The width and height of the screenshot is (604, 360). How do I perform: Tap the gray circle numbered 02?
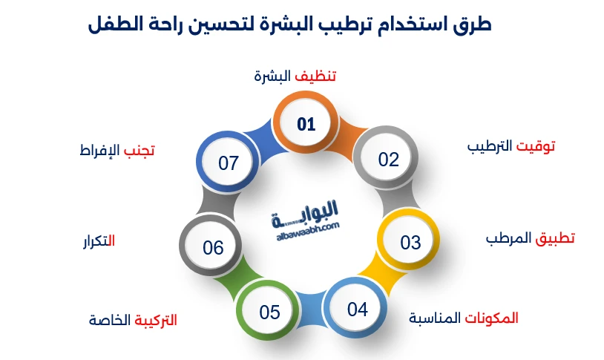(x=388, y=160)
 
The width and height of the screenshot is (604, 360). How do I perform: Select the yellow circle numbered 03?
(x=410, y=243)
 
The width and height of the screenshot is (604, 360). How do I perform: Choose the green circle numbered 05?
(x=269, y=312)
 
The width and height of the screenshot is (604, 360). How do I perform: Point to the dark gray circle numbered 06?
(x=213, y=247)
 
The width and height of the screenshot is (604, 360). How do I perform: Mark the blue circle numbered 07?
(x=229, y=163)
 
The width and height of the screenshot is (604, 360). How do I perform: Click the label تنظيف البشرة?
(x=295, y=76)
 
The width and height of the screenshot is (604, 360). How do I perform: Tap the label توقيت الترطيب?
(x=511, y=146)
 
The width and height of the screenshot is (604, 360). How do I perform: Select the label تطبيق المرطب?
(x=530, y=238)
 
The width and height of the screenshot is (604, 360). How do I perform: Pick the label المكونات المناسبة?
(x=464, y=318)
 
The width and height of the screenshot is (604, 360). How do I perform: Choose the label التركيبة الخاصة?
(x=133, y=321)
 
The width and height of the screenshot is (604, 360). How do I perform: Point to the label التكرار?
(x=98, y=240)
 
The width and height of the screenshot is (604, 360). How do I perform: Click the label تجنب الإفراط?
(x=116, y=150)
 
